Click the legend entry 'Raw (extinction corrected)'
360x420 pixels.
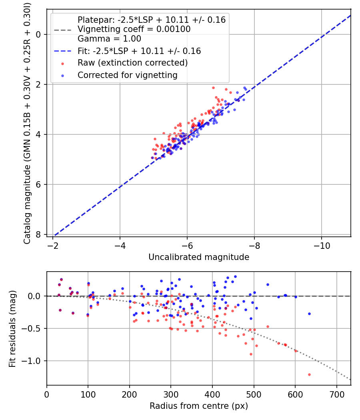pos(132,63)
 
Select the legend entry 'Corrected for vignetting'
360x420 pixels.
pos(128,75)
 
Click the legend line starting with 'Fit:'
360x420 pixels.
pos(139,51)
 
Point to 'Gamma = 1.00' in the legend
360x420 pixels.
pos(109,39)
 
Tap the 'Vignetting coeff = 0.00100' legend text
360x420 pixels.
pos(134,29)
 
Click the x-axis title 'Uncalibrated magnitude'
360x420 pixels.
pos(199,257)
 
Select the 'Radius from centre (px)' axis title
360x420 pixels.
pos(199,406)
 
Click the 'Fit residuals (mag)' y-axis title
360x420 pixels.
pos(12,328)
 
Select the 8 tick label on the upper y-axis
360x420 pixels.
pos(38,234)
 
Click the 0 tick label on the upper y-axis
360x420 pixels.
pos(38,34)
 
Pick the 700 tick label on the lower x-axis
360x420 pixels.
pos(336,394)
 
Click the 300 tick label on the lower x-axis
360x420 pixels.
pos(171,394)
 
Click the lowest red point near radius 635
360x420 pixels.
pos(309,374)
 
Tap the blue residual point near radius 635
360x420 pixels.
pos(309,314)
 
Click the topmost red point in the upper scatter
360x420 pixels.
pos(213,88)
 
